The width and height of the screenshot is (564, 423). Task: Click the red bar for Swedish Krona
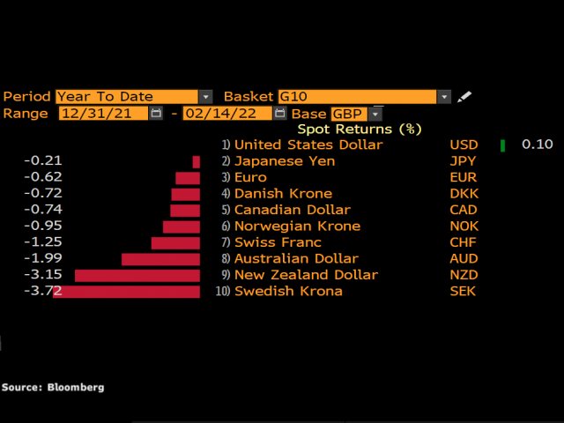127,292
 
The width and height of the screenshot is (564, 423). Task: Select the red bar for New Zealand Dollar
137,275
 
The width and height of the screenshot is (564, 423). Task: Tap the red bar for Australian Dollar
160,259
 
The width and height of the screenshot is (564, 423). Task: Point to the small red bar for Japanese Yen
197,162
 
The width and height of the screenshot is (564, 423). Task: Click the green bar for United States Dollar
502,145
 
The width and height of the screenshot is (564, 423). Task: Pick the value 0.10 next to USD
537,145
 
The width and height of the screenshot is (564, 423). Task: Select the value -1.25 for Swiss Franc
44,242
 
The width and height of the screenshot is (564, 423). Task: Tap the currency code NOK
464,226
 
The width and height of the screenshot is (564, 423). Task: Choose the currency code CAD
464,210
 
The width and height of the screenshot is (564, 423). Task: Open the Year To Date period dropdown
205,97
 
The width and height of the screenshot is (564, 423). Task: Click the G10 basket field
357,97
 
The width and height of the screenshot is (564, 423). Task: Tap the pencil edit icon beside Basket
464,97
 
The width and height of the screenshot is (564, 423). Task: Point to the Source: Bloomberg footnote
53,387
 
